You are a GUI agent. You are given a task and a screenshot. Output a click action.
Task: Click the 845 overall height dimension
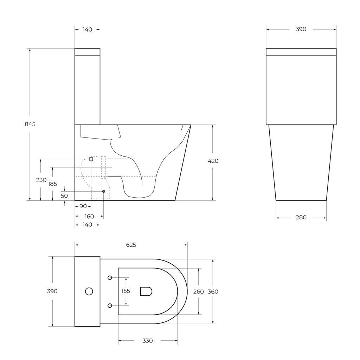coord(30,124)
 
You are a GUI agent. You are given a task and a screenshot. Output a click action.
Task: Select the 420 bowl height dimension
coord(213,161)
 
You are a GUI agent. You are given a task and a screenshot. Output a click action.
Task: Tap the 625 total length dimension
coord(131,245)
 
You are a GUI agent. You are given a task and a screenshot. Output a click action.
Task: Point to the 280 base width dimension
coord(301,218)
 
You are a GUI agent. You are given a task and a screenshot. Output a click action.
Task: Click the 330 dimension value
coord(148,341)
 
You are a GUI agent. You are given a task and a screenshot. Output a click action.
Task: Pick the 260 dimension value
coord(199,291)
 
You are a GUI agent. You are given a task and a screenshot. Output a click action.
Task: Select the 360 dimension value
coord(213,291)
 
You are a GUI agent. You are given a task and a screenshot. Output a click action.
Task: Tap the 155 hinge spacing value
coord(126,291)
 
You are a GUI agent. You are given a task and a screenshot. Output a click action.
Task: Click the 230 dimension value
coord(41,180)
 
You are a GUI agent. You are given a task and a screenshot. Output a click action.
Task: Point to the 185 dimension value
coord(52,184)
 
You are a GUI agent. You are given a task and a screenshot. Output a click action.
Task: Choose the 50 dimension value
coord(64,196)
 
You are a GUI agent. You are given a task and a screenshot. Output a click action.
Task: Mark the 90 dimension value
coord(83,206)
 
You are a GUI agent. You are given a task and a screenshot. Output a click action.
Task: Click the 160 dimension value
coord(89,217)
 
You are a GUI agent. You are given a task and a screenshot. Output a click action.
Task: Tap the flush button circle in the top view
coord(89,291)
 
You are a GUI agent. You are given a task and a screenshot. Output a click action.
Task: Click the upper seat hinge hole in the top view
coord(110,278)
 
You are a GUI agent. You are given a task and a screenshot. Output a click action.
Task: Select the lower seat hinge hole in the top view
coord(110,306)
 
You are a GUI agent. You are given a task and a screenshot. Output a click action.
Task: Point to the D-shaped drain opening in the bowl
coord(146,291)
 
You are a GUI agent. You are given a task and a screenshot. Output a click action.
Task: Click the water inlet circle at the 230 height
coord(91,159)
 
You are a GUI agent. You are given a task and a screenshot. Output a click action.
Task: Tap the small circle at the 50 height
coord(103,191)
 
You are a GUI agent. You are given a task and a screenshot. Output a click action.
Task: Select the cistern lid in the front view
coord(301,52)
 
